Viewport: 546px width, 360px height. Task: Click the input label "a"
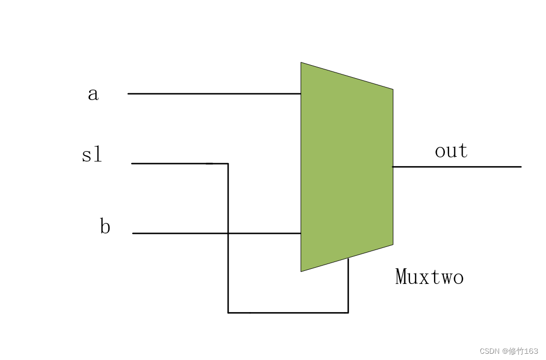[93, 94]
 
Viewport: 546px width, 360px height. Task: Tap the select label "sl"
[92, 155]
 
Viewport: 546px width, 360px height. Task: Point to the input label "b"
[105, 227]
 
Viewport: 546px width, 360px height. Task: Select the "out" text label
[451, 151]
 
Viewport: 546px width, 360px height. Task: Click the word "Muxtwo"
[429, 277]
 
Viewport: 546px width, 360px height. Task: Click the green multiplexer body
[346, 167]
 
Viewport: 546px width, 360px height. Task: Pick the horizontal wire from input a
[214, 94]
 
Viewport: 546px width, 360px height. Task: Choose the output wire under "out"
[456, 167]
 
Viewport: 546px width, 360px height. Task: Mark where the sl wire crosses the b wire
[228, 233]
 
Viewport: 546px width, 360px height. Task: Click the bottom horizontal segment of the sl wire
[288, 313]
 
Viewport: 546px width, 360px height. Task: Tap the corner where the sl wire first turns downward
[228, 164]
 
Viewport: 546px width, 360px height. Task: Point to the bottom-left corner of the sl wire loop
[228, 313]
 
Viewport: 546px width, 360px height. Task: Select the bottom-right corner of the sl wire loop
[348, 313]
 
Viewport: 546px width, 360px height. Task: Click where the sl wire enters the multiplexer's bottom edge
[348, 258]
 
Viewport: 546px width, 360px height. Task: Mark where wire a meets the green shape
[301, 94]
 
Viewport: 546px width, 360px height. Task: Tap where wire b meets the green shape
[301, 233]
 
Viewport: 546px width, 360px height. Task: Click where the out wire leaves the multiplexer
[393, 167]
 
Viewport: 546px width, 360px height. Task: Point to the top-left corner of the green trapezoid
[301, 63]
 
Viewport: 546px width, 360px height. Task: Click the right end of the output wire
[520, 167]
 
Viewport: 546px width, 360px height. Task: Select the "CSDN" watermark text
[489, 351]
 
